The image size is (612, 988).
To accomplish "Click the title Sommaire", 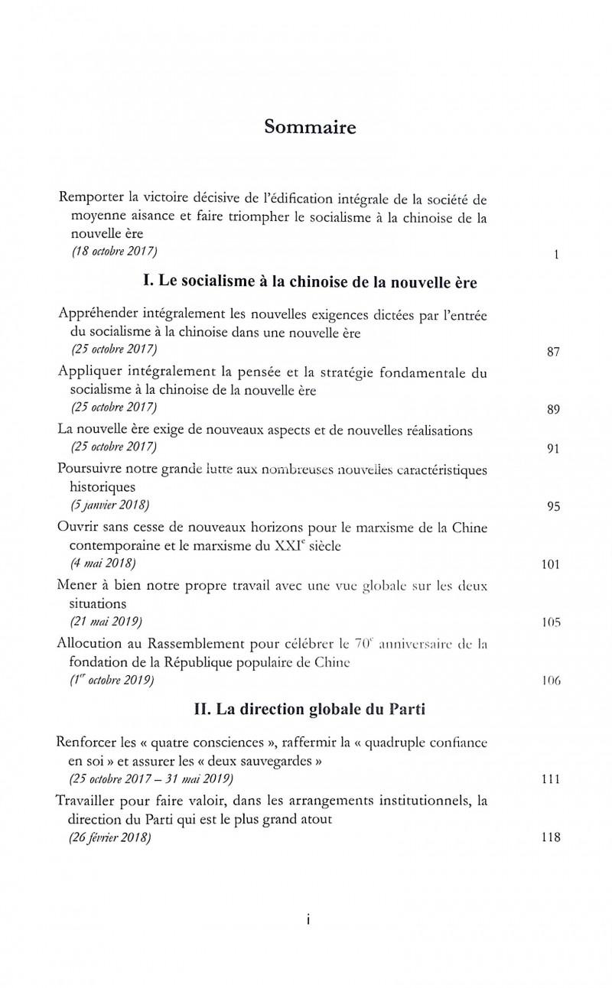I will (310, 127).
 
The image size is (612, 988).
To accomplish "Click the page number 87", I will (554, 352).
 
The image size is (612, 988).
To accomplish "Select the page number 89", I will (554, 409).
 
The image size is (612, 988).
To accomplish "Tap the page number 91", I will (554, 449).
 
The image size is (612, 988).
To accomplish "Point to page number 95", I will (554, 506).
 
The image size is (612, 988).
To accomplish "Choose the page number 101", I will (551, 564).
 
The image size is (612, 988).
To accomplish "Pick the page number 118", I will (551, 837).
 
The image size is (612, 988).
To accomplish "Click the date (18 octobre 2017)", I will (116, 252).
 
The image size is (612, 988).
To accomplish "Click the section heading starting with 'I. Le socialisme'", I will (310, 283).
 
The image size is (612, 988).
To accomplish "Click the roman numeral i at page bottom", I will (307, 921).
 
